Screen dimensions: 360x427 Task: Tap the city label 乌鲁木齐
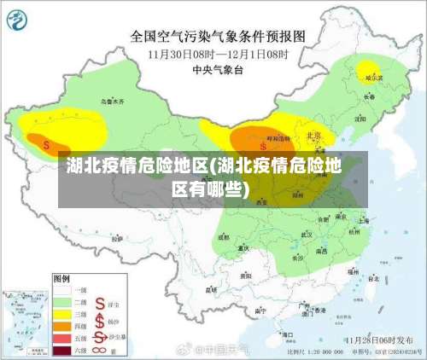click(x=113, y=101)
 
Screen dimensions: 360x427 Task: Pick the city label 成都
click(x=224, y=237)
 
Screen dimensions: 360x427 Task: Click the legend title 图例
click(x=61, y=278)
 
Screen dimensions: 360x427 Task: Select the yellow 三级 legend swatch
click(x=63, y=313)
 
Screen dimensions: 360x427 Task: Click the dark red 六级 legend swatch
click(x=63, y=350)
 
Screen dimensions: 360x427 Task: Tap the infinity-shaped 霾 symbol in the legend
click(x=100, y=349)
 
